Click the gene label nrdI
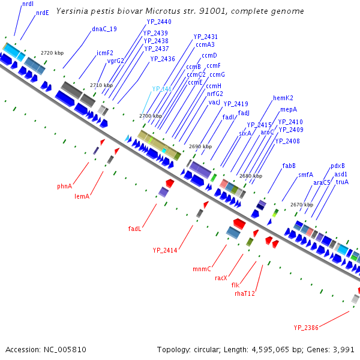pos(28,4)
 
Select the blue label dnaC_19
pos(104,29)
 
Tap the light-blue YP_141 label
pos(161,89)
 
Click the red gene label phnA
pos(65,186)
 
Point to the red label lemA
pos(82,196)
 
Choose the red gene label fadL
pos(135,229)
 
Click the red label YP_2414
pos(165,250)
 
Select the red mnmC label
pos(202,268)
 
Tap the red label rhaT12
pos(245,293)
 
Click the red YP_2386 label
pos(306,328)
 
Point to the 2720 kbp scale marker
pos(52,53)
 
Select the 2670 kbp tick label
pos(301,205)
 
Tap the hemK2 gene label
pos(283,98)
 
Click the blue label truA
pos(342,182)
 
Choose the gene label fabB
pos(289,166)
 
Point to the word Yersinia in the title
pos(73,11)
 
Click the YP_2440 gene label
pos(159,22)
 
